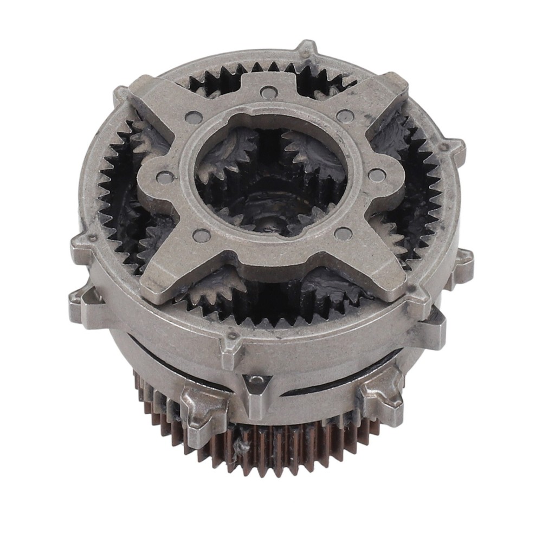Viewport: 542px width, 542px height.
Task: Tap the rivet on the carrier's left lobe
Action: point(163,176)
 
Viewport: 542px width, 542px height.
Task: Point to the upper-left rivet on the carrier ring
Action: point(191,117)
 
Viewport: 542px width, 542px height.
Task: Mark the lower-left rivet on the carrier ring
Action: point(202,235)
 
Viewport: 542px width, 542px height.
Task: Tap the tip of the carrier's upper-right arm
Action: point(398,84)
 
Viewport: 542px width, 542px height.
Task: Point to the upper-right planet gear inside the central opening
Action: point(312,149)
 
